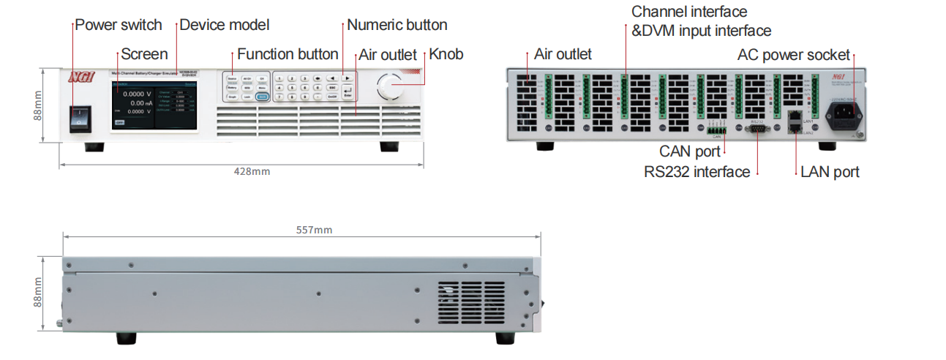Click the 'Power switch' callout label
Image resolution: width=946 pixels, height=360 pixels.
(x=119, y=25)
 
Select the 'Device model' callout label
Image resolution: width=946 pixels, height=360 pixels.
(x=225, y=25)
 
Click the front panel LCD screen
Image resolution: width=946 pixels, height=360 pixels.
(x=154, y=105)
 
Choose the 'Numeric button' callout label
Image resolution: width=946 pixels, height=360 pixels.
(x=397, y=25)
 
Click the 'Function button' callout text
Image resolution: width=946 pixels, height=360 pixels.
(x=288, y=54)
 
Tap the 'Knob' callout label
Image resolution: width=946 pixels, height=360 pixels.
(x=446, y=54)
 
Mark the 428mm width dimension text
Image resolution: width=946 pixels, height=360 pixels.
(x=252, y=171)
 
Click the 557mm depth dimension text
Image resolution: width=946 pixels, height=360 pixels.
(x=314, y=230)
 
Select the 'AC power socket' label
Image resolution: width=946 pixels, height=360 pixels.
(x=794, y=54)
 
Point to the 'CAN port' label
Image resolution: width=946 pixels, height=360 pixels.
(x=690, y=151)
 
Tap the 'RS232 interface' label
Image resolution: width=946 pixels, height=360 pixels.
(x=697, y=172)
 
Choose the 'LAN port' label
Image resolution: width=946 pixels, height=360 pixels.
(x=830, y=172)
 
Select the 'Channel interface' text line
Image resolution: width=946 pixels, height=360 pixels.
(x=689, y=12)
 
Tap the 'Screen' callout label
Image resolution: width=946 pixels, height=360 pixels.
(x=144, y=54)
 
